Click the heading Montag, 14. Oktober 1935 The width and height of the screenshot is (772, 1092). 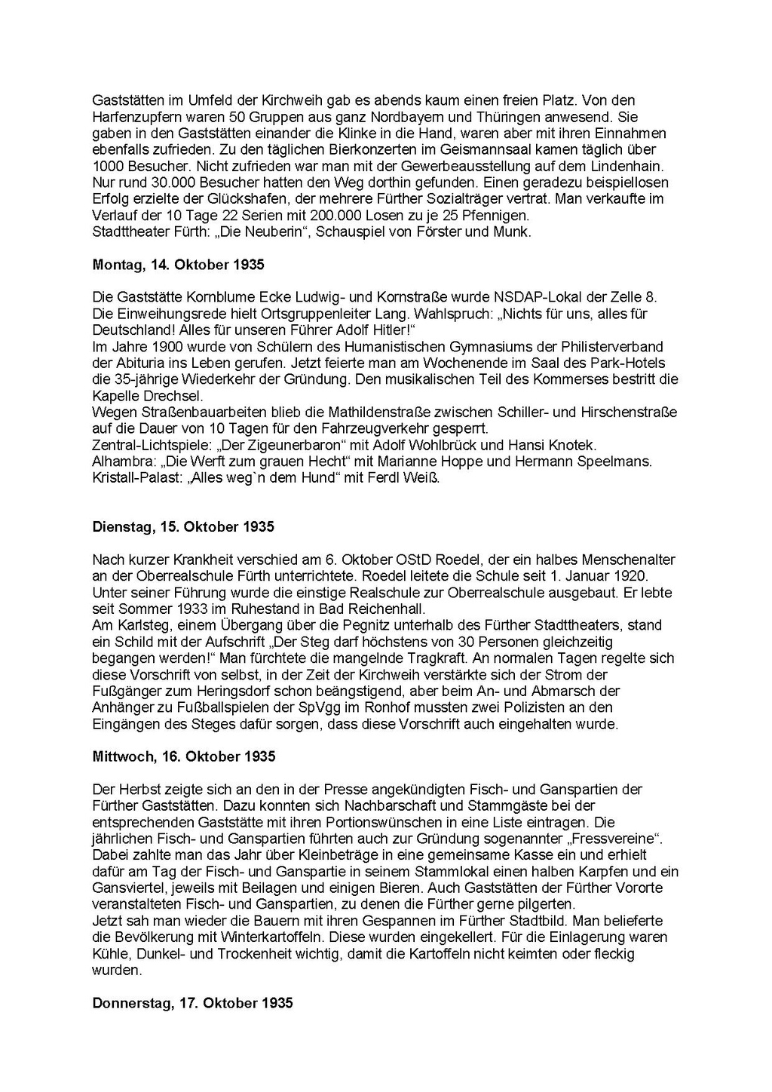[178, 265]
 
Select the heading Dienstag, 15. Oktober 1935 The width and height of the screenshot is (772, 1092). [183, 526]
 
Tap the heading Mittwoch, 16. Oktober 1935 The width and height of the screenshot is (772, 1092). [184, 756]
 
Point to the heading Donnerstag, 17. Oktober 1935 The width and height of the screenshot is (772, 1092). [192, 1003]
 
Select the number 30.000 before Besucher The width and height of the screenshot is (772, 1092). [160, 183]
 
